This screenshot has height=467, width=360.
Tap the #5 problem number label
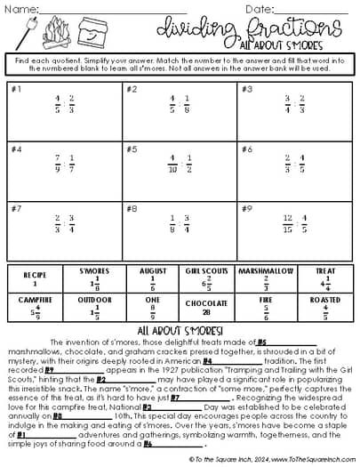point(132,149)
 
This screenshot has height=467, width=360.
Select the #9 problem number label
point(246,209)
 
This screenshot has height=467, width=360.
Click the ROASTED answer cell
point(324,307)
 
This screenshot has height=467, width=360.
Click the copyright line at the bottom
point(180,457)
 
